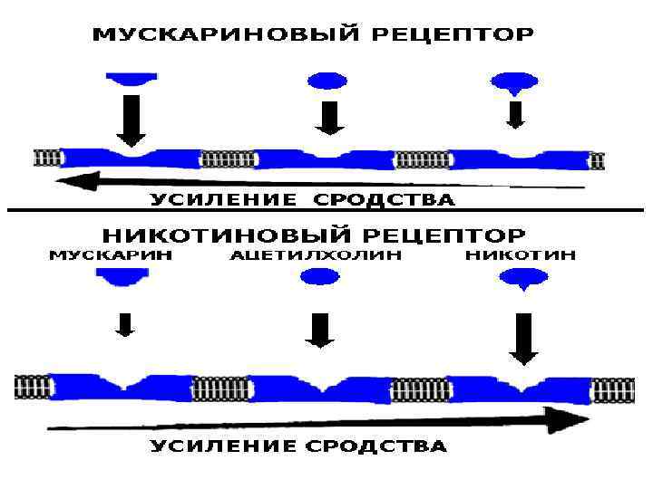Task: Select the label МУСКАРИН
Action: click(x=110, y=255)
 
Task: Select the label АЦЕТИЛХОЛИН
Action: click(x=316, y=255)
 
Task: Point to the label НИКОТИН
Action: click(x=520, y=255)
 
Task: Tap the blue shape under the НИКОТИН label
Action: click(x=521, y=281)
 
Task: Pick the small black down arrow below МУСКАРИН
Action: click(x=126, y=323)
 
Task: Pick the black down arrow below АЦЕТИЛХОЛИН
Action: click(x=319, y=330)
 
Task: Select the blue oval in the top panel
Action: click(x=327, y=81)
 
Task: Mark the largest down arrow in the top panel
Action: click(x=132, y=120)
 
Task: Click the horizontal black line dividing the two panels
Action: click(x=326, y=211)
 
